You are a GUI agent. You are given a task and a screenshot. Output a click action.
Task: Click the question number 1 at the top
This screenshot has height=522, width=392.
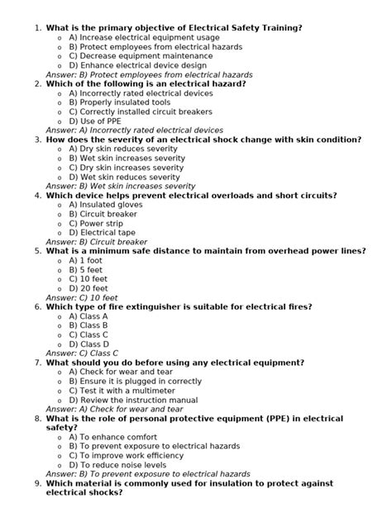[x=37, y=28]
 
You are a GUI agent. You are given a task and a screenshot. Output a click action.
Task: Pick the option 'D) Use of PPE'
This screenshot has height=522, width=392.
[x=95, y=121]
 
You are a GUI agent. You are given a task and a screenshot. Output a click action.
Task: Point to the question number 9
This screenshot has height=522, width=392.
[x=37, y=483]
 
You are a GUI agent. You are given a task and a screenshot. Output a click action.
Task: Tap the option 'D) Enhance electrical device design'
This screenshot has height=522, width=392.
[x=138, y=65]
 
